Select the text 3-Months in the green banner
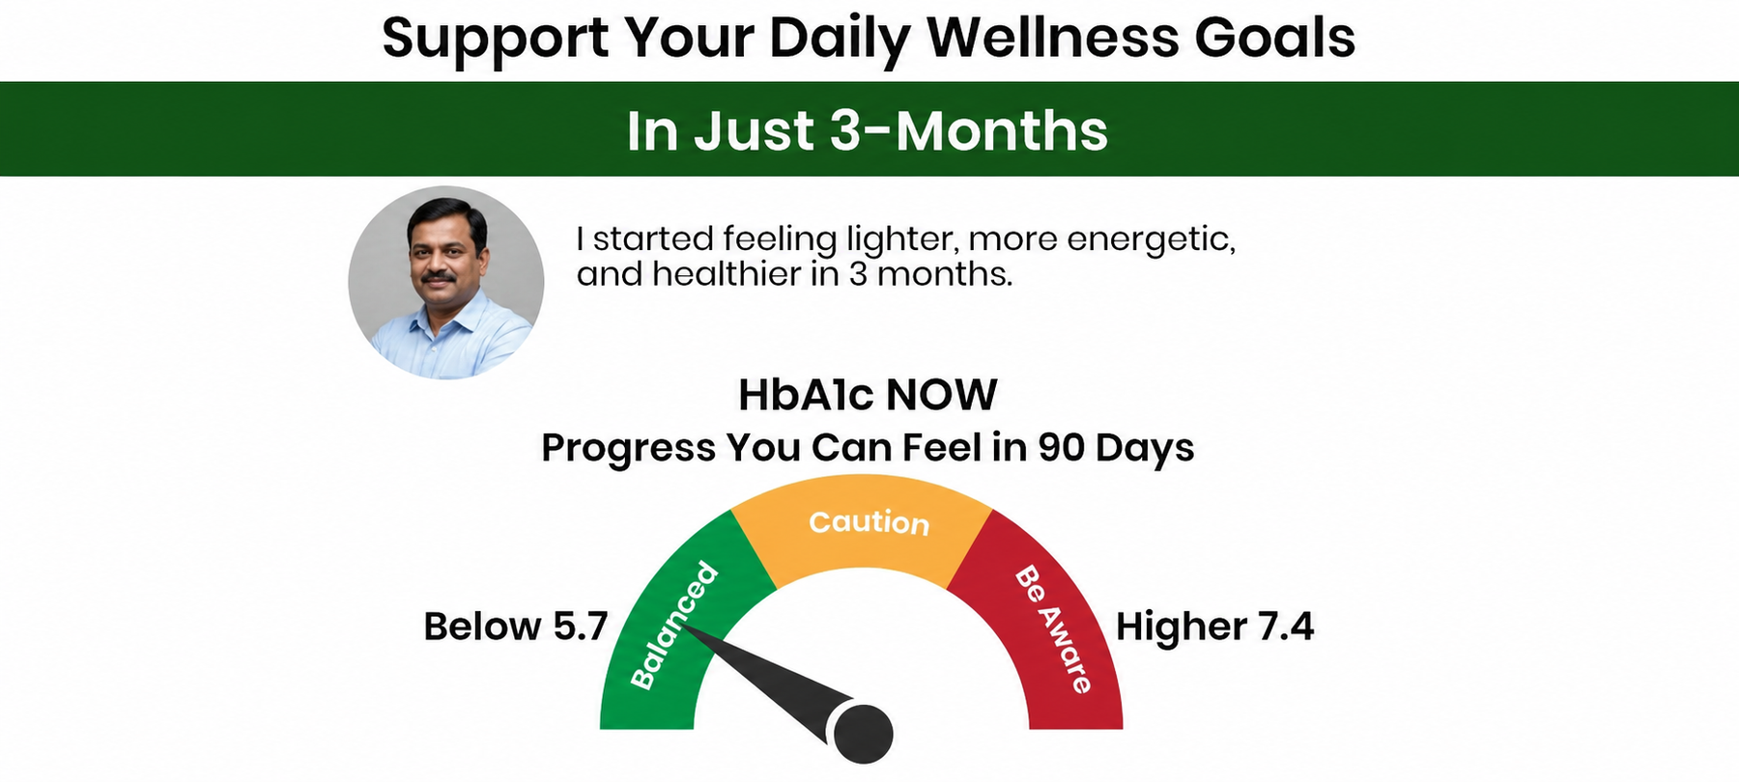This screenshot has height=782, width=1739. [x=968, y=130]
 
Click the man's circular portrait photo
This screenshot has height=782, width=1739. [x=446, y=282]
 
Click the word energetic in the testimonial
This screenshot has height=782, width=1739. [x=1151, y=239]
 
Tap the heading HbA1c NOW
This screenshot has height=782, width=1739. [x=868, y=395]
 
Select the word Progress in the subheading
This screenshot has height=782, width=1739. [x=629, y=449]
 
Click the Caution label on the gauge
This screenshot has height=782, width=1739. [x=869, y=522]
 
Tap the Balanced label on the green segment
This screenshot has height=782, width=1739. [x=674, y=626]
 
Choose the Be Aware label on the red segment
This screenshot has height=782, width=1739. [x=1054, y=629]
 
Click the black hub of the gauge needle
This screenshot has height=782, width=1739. [x=863, y=732]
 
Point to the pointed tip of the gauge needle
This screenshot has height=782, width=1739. [x=682, y=627]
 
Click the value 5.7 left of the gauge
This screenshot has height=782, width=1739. [x=580, y=627]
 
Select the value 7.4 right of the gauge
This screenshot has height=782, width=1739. [x=1286, y=627]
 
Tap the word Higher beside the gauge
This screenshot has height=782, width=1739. [x=1182, y=628]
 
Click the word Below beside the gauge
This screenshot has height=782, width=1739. [x=482, y=627]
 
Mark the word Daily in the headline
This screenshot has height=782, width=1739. [x=840, y=39]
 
